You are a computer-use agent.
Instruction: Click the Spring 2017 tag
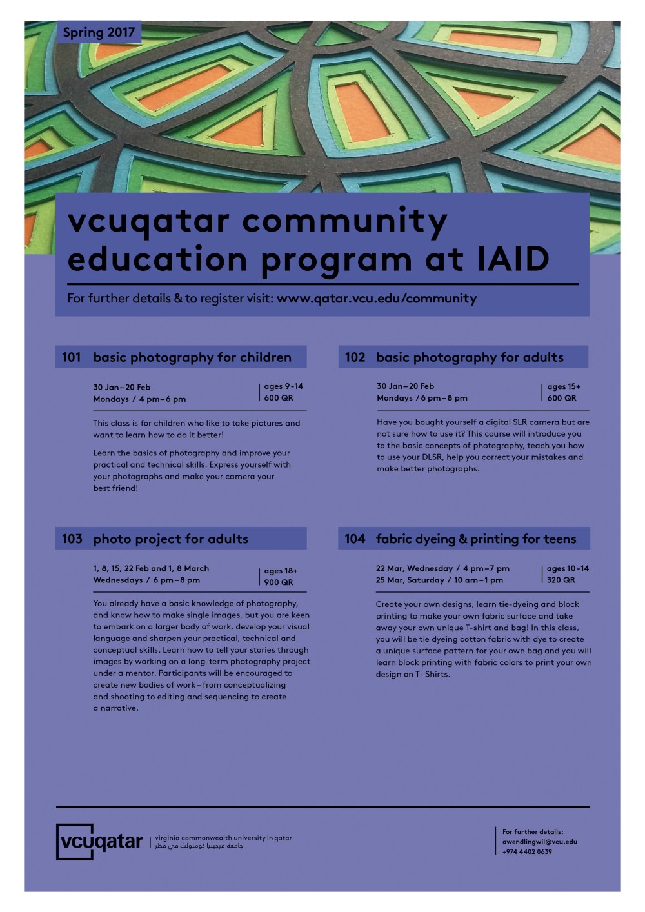[99, 32]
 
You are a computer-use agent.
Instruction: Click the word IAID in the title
[512, 259]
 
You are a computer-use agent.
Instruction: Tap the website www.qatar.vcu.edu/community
[377, 299]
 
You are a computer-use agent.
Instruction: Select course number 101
[72, 357]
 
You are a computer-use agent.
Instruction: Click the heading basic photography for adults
[470, 357]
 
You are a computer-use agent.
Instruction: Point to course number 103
[72, 539]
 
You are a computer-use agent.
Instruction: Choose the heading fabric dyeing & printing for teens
[476, 539]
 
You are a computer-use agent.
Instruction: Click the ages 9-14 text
[283, 386]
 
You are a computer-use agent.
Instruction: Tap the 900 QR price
[279, 582]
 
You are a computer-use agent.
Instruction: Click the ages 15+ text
[564, 386]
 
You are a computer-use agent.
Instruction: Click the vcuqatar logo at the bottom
[99, 842]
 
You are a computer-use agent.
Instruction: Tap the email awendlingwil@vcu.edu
[539, 842]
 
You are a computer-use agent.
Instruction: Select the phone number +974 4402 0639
[527, 852]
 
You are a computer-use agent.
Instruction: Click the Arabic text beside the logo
[199, 846]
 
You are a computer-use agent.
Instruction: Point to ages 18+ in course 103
[281, 571]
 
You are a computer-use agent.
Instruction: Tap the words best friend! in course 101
[115, 488]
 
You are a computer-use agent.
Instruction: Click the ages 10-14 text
[568, 568]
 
